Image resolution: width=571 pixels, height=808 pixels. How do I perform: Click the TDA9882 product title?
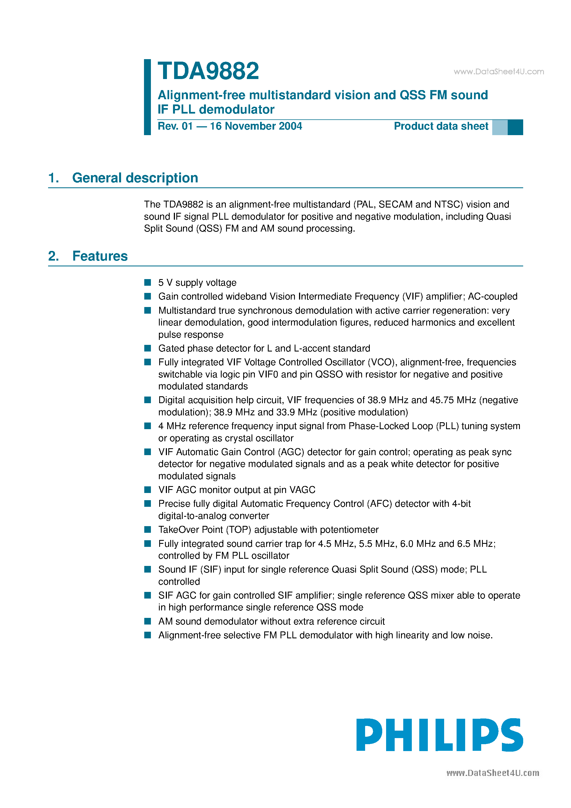208,71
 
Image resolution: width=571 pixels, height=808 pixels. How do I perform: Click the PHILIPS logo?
439,736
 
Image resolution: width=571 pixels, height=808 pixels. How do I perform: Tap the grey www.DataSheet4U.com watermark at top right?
499,72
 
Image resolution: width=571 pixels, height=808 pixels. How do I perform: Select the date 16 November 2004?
256,126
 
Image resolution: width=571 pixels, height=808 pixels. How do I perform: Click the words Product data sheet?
441,126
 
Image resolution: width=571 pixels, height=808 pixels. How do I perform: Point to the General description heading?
135,178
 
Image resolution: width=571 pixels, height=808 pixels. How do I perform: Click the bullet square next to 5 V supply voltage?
148,283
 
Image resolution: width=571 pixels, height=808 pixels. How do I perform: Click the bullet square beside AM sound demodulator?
148,621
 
